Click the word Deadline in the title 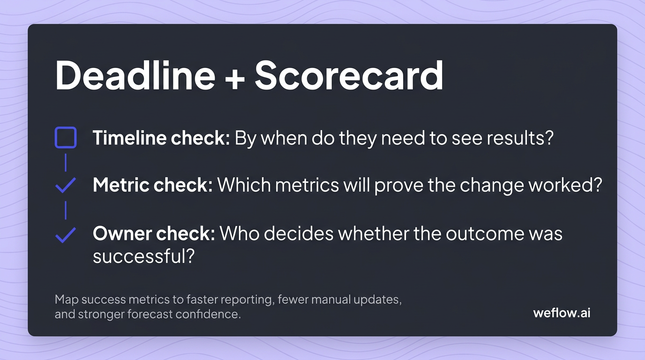[x=135, y=76]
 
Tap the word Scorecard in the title [x=349, y=76]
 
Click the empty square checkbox [x=66, y=138]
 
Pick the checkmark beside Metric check [x=65, y=186]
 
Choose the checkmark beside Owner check [x=65, y=234]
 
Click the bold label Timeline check [x=161, y=138]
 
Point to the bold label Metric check [x=153, y=186]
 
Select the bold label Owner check [x=154, y=233]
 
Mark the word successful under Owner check [x=143, y=256]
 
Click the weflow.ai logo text [x=562, y=313]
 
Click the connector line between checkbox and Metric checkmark [x=66, y=162]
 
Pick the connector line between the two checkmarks [x=66, y=210]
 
